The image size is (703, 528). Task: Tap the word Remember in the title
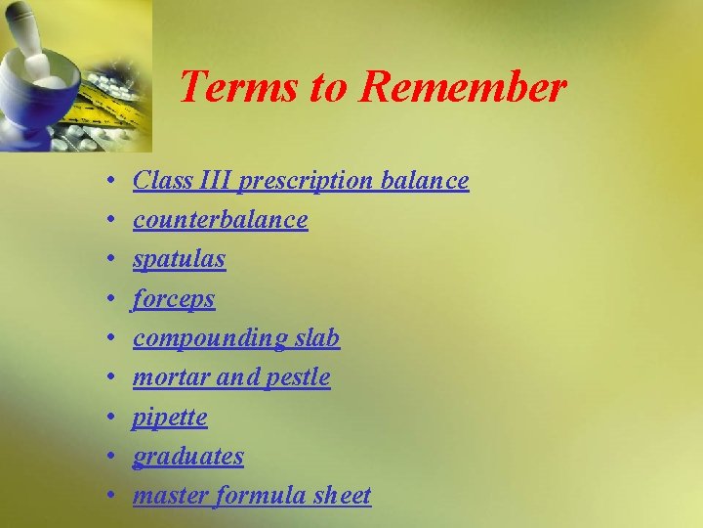tap(463, 87)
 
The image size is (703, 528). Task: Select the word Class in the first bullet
tap(155, 181)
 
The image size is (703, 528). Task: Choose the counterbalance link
tap(221, 220)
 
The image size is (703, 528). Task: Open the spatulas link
tap(180, 260)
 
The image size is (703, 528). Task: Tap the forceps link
tap(174, 299)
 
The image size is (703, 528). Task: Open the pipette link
tap(170, 418)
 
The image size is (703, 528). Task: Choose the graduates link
tap(188, 457)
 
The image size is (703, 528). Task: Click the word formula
tap(253, 496)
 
